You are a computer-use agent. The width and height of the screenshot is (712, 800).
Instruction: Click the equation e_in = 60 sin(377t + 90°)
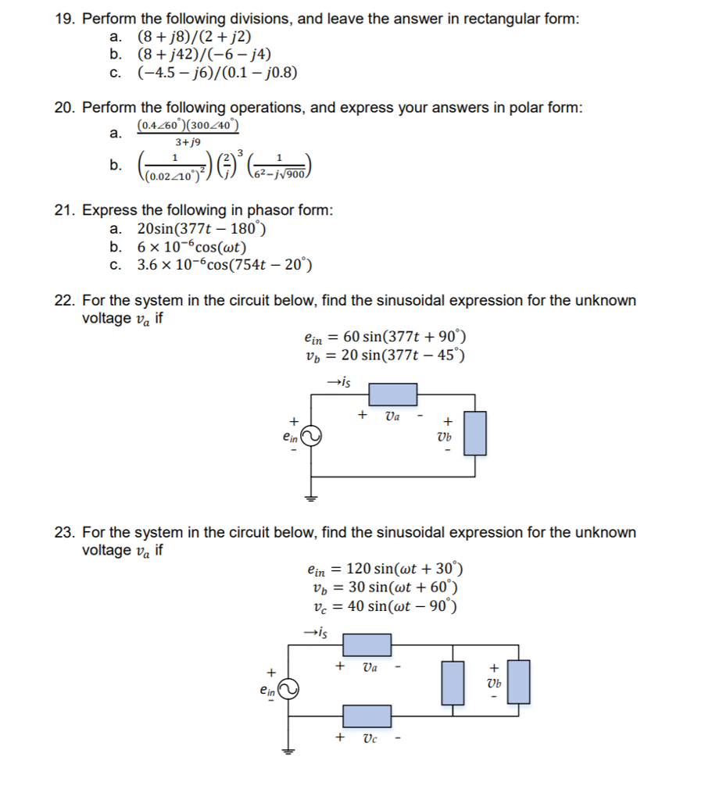[385, 338]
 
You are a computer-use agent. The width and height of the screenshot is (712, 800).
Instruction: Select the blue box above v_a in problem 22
[392, 395]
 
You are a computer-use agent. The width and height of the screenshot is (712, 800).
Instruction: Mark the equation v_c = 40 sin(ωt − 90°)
[385, 606]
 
